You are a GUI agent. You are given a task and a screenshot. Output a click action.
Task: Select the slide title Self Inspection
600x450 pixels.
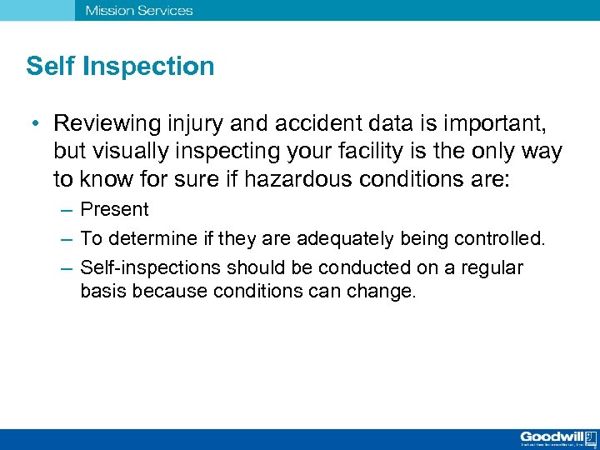(x=120, y=67)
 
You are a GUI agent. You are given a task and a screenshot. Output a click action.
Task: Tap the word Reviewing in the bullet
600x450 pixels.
(x=106, y=124)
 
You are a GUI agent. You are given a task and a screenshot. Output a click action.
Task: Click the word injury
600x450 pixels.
(x=194, y=124)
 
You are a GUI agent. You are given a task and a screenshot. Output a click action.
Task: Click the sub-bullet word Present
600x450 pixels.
(x=114, y=210)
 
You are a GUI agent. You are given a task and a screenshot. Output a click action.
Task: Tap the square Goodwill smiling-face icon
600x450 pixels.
(x=589, y=437)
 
